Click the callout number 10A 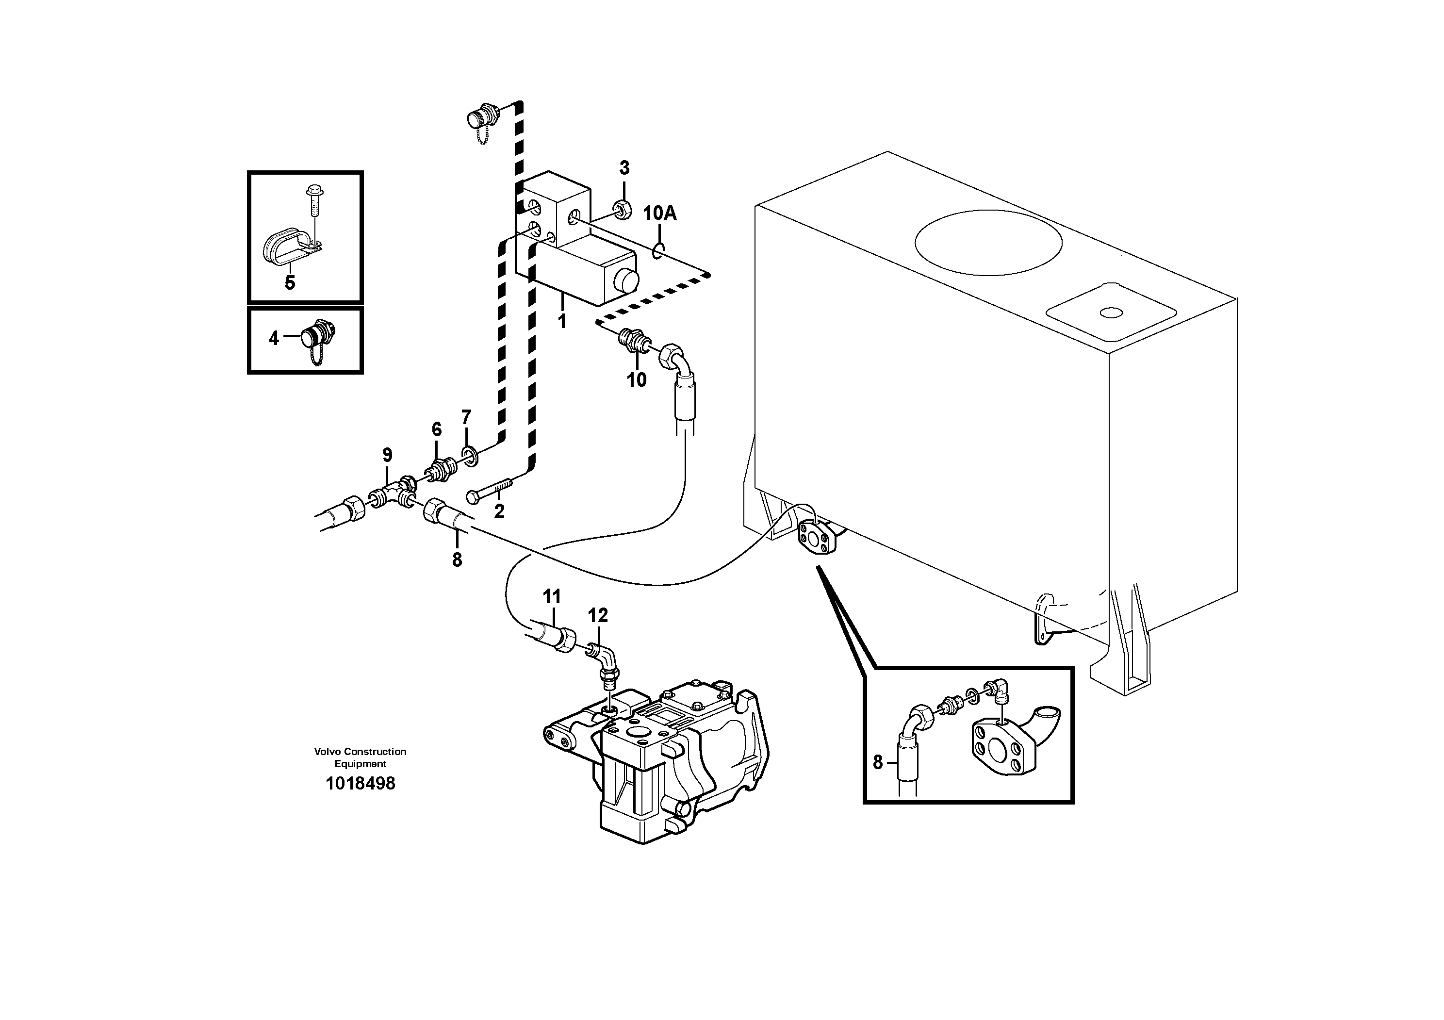(660, 214)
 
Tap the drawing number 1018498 (361, 784)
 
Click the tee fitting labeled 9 (394, 493)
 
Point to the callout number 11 (552, 596)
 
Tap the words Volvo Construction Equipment (361, 757)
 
